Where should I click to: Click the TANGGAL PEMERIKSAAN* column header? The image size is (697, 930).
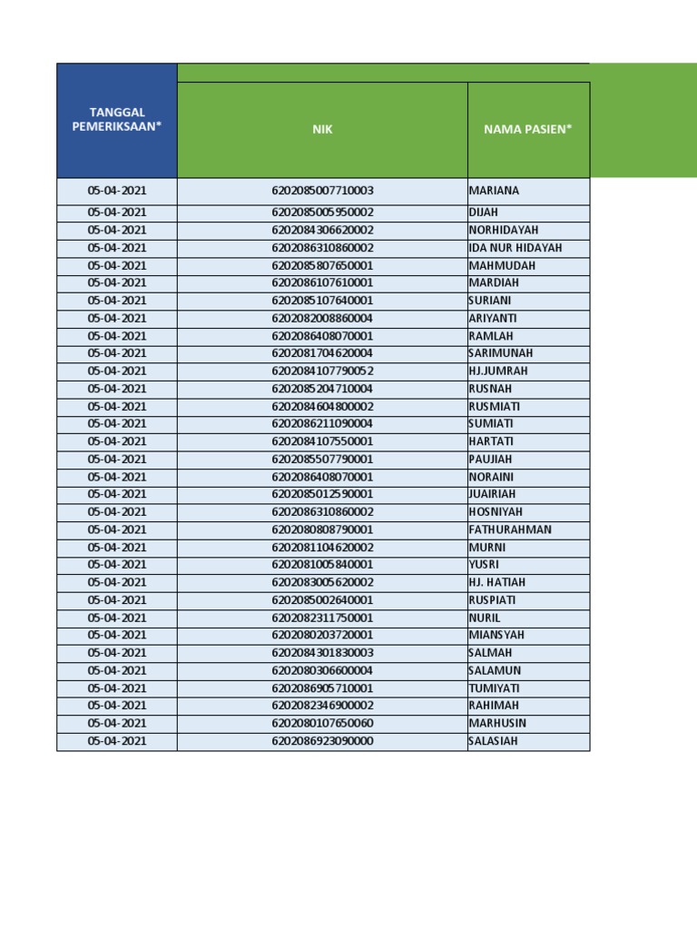pos(116,120)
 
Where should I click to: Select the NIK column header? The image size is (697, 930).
pos(322,129)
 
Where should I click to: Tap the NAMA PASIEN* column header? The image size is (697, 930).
pos(528,129)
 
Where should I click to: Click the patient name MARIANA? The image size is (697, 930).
pos(494,191)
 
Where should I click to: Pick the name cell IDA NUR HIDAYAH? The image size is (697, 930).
pos(515,248)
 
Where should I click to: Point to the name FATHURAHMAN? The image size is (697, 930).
pos(509,529)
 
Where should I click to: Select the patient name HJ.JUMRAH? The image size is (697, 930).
pos(497,371)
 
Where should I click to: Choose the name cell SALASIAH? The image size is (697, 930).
pos(495,741)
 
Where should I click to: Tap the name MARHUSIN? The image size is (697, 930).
pos(497,723)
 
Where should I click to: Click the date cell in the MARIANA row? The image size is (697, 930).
pos(117,191)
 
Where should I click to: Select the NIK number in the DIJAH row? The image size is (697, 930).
pos(322,213)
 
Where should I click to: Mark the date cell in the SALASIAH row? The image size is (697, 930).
pos(117,741)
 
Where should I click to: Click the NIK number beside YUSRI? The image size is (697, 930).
pos(322,564)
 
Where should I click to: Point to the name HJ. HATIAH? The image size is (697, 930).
pos(496,582)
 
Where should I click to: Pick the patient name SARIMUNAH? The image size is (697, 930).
pos(500,353)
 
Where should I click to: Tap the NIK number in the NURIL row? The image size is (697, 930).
pos(322,618)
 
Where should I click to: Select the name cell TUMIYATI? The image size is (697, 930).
pos(495,688)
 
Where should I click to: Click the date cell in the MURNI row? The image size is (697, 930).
pos(117,548)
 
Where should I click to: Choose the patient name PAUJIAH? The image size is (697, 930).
pos(490,459)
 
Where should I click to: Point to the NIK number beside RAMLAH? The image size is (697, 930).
pos(322,336)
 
